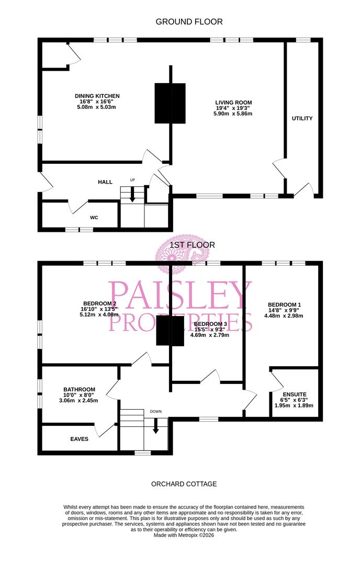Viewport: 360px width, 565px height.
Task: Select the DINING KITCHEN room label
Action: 97,96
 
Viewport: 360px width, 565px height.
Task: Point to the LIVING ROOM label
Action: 234,102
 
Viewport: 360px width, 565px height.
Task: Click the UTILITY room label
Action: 302,118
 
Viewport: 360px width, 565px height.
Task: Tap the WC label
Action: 94,217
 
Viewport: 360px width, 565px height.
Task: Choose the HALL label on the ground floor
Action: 105,182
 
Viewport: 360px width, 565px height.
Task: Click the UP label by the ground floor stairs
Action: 132,180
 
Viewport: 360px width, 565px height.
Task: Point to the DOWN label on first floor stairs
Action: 155,411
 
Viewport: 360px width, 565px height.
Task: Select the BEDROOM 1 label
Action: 284,304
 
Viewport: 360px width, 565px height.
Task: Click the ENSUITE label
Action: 294,394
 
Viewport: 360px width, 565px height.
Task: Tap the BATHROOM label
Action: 79,389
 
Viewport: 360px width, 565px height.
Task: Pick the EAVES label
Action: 79,439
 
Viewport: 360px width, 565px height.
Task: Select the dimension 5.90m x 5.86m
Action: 234,114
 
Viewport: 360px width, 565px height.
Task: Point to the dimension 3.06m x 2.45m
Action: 79,400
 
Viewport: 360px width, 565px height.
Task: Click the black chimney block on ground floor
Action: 170,103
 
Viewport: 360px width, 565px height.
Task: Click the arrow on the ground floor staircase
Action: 132,196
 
